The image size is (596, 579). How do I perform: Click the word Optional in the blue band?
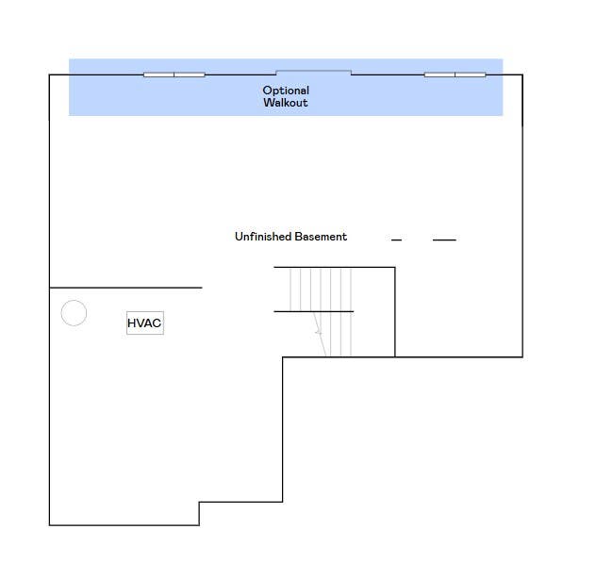coord(286,91)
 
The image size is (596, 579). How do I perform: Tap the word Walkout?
coord(286,103)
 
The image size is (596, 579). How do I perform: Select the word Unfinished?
coord(263,237)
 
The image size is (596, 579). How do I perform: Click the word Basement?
coord(321,237)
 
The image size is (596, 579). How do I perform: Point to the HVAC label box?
coord(145,323)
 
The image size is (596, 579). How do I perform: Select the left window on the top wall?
coord(174,74)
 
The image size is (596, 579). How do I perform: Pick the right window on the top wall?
coord(455,74)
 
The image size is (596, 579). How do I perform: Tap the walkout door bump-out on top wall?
coord(314,71)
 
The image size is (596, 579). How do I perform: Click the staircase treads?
coord(321,312)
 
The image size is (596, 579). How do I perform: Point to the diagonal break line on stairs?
coord(320,334)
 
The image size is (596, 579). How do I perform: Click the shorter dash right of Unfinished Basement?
coord(396,240)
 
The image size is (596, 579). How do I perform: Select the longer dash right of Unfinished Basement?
coord(444,240)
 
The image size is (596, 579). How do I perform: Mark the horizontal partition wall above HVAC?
coord(125,288)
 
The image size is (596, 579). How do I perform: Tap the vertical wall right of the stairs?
coord(395,312)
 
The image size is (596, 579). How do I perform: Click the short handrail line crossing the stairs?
coord(314,311)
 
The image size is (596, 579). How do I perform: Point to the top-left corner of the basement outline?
coord(49,74)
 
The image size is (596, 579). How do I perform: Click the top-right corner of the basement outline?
coord(522,74)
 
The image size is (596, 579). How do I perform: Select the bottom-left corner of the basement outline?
coord(49,525)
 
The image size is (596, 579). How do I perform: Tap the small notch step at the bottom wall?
coord(199,514)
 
